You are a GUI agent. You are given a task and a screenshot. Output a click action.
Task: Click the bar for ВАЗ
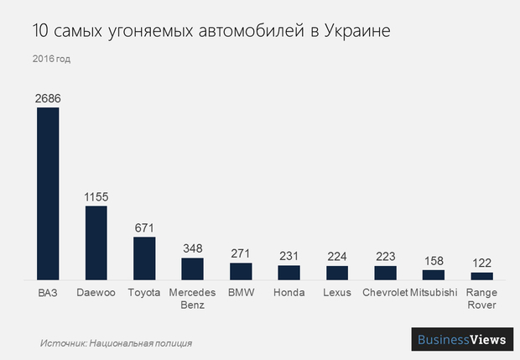point(48,193)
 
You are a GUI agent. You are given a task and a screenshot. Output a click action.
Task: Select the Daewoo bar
point(96,243)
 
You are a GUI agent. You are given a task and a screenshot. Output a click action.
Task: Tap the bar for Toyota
point(144,258)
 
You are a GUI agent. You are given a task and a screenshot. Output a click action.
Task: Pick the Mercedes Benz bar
point(192,269)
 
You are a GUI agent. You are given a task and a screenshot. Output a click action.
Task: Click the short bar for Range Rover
point(481,275)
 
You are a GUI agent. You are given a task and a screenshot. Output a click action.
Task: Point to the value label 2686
point(48,98)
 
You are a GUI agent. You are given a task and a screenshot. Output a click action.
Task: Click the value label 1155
point(96,196)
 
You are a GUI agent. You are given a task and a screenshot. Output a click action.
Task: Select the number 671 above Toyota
point(144,228)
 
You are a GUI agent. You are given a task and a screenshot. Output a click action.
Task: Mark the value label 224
point(337,257)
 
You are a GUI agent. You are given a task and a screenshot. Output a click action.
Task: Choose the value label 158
point(434,261)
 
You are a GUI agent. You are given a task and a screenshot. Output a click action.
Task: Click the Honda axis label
point(289,293)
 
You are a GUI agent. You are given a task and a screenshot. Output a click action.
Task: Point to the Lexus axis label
point(337,293)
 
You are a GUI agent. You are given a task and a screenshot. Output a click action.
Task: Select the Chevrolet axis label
point(385,293)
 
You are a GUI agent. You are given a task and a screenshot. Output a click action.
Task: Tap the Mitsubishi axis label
point(434,293)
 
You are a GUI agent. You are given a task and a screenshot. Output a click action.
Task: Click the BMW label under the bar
point(241,293)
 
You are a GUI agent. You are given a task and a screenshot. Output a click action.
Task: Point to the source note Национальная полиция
point(140,342)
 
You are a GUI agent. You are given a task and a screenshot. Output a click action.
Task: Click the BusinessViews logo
point(462,339)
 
